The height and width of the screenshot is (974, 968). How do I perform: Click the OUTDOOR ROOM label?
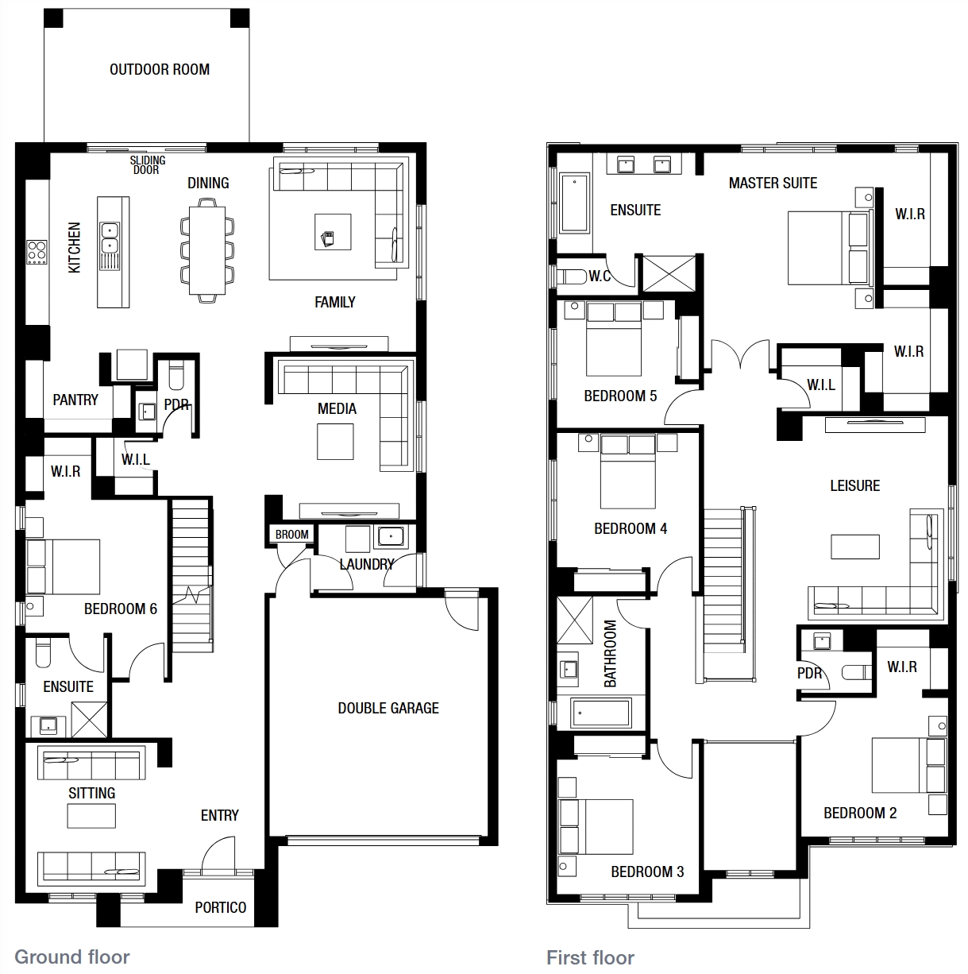(160, 69)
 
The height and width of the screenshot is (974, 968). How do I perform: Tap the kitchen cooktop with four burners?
(37, 252)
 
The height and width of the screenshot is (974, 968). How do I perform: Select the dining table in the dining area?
(207, 250)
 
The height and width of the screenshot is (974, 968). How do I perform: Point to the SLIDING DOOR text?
(148, 164)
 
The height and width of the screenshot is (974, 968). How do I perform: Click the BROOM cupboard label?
(291, 534)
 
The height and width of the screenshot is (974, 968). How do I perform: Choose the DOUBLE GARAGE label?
(388, 708)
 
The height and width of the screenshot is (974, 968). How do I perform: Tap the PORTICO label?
(221, 908)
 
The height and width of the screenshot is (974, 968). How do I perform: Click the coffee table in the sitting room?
(91, 816)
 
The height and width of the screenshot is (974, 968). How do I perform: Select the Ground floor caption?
(71, 957)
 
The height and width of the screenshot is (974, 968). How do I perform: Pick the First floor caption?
(590, 958)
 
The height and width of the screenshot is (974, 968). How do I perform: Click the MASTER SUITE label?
(773, 183)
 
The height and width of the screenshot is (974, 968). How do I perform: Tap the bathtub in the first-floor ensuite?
(574, 203)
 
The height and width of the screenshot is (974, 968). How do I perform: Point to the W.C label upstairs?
(600, 276)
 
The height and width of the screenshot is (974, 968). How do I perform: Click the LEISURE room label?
(854, 485)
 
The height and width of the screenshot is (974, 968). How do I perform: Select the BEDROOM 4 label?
(631, 528)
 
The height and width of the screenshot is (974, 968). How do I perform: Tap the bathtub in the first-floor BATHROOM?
(601, 713)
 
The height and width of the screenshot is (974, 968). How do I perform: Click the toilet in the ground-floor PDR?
(175, 374)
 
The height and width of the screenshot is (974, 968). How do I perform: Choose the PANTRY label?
(75, 400)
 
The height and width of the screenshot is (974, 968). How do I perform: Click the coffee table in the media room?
(335, 441)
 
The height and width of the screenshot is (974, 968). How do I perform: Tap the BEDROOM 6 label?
(121, 609)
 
